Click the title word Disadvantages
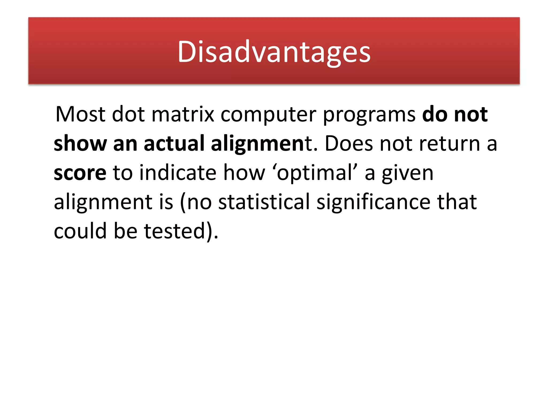tap(274, 51)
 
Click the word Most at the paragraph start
tap(80, 115)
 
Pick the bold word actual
tap(174, 144)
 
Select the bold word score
tap(80, 173)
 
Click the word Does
tap(349, 144)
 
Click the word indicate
tap(178, 173)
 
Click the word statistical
tap(264, 202)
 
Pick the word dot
tap(128, 115)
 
